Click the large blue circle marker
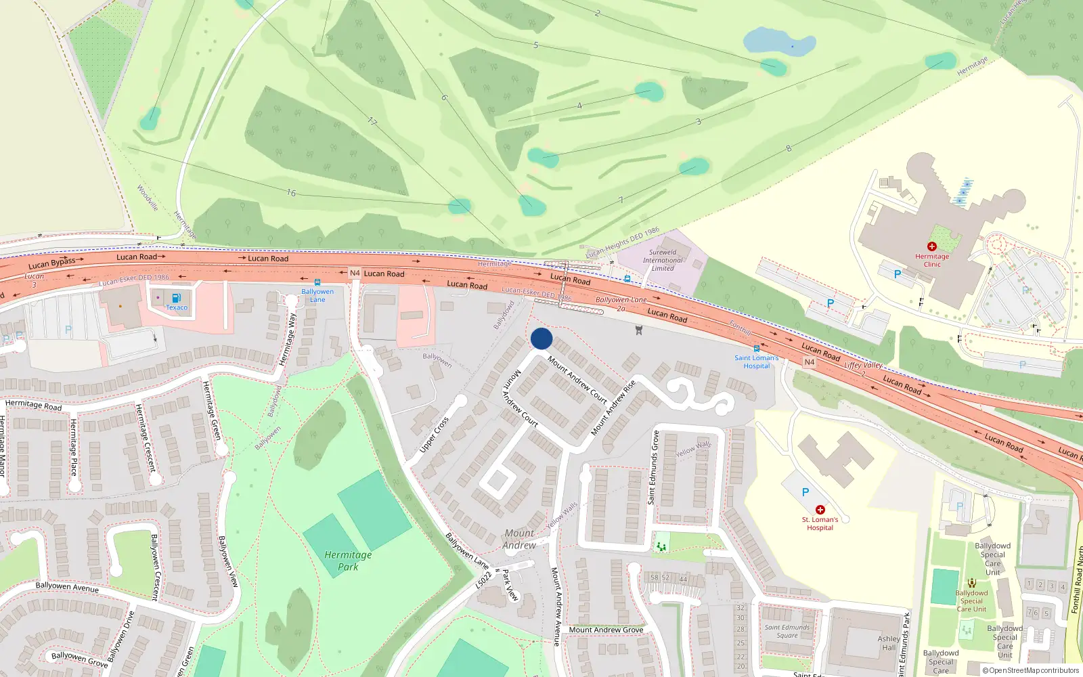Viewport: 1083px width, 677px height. click(x=541, y=338)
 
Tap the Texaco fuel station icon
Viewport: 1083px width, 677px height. click(x=177, y=298)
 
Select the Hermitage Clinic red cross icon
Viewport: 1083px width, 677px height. click(x=932, y=246)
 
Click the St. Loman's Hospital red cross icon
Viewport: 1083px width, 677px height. click(x=820, y=509)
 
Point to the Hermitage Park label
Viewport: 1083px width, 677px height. click(x=348, y=561)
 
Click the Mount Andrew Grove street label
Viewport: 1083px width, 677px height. click(x=606, y=630)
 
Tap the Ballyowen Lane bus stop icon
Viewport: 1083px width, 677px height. click(x=317, y=282)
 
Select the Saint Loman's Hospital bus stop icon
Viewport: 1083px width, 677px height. click(x=757, y=349)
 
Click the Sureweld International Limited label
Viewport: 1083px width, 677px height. click(x=663, y=260)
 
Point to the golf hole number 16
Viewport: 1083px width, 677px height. click(x=291, y=193)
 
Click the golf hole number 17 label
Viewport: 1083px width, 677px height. click(x=372, y=121)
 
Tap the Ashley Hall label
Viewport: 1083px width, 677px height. click(x=889, y=642)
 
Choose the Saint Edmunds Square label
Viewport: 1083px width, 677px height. click(x=787, y=631)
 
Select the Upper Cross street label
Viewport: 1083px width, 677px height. click(x=434, y=435)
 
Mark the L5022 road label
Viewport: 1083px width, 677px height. click(x=483, y=580)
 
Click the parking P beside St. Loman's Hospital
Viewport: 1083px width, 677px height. click(x=805, y=492)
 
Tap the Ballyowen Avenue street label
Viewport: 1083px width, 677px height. click(x=67, y=587)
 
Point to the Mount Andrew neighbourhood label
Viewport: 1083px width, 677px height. click(x=519, y=539)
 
